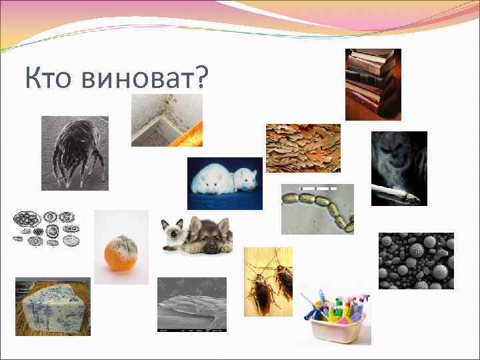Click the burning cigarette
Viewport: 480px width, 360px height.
(x=393, y=194)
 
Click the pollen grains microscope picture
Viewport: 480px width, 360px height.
(x=416, y=261)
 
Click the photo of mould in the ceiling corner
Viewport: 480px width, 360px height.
(x=167, y=120)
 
